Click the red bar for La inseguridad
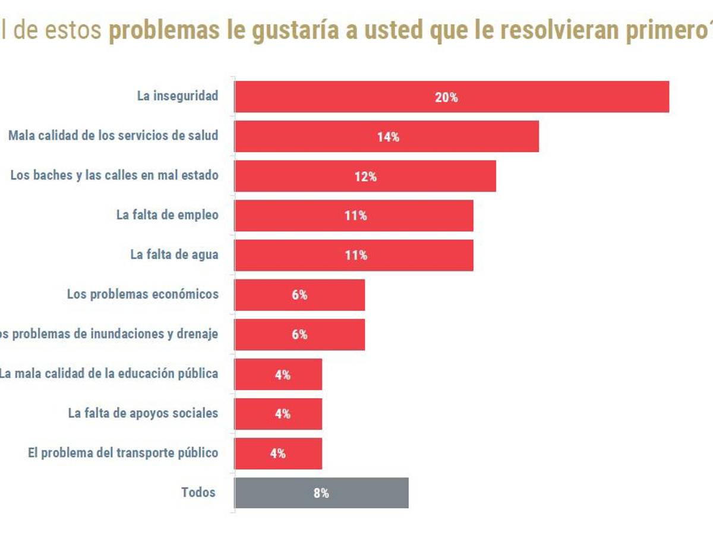coord(452,97)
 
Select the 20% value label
coord(446,97)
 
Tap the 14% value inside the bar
coord(388,137)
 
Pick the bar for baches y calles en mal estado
coord(365,177)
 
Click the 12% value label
coord(365,177)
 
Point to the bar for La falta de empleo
coord(354,216)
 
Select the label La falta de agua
coord(174,254)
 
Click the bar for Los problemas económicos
coord(299,295)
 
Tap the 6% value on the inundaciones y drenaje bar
coord(299,335)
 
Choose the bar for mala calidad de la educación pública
coord(278,374)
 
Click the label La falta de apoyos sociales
coord(143,413)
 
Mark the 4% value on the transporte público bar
coord(277,454)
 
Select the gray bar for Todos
coord(321,493)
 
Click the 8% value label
coord(321,493)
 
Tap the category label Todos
coord(198,492)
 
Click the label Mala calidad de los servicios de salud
coord(113,136)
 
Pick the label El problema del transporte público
coord(123,452)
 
